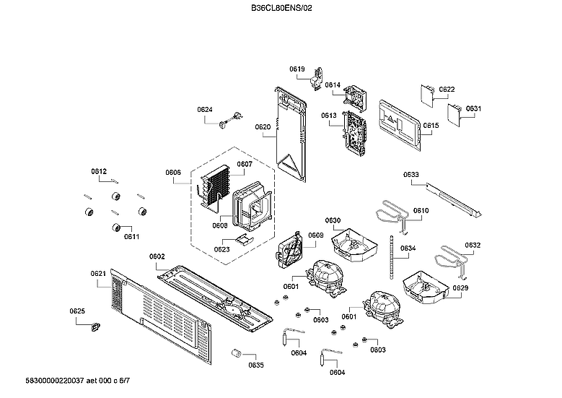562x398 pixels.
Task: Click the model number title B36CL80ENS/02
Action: tap(281, 8)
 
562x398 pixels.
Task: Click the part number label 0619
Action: tap(297, 69)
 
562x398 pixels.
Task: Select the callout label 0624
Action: tap(205, 110)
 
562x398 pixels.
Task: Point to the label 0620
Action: tap(263, 127)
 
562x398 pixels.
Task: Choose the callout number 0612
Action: tap(99, 171)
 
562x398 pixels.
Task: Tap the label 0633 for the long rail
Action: tap(410, 174)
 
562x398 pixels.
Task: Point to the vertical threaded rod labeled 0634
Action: tap(392, 256)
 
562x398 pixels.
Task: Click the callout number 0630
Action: tap(332, 220)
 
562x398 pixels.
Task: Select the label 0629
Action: tap(460, 288)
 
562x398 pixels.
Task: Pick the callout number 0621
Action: tap(99, 274)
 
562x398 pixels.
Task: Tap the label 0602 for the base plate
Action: tap(157, 256)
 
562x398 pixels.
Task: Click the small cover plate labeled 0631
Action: tap(455, 113)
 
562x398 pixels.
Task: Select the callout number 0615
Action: tap(431, 126)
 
